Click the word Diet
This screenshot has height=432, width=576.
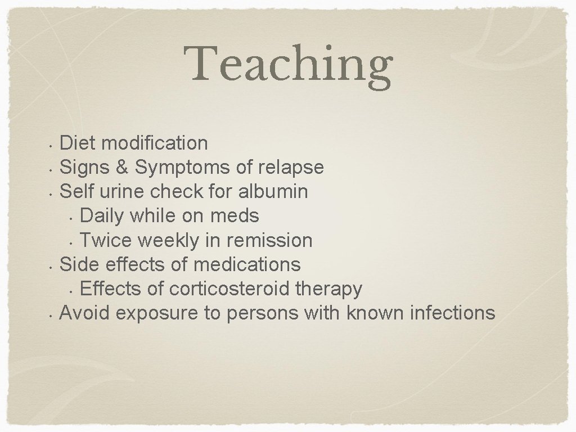78,143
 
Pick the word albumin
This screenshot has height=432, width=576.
273,191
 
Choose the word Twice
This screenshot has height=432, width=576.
106,240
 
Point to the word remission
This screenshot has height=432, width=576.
269,240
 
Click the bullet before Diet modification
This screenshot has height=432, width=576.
51,145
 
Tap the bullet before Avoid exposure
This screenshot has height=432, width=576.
51,314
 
